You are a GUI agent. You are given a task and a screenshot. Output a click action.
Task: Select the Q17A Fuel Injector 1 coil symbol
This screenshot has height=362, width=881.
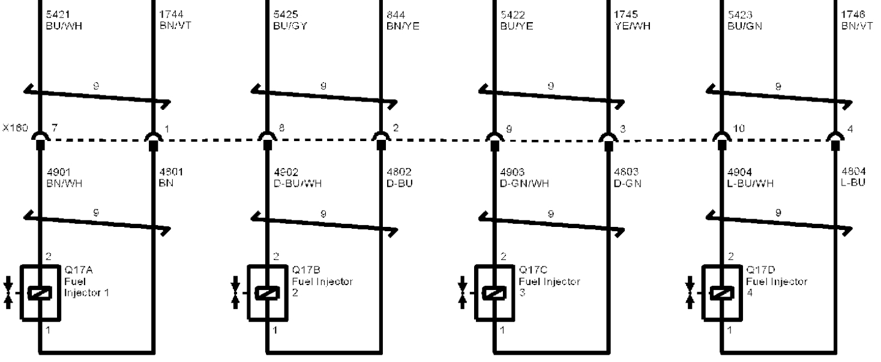pyautogui.click(x=40, y=292)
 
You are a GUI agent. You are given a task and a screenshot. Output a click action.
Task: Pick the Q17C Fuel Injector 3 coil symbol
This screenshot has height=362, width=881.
pyautogui.click(x=493, y=292)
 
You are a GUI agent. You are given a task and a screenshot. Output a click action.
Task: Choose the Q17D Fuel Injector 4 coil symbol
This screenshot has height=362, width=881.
pyautogui.click(x=720, y=292)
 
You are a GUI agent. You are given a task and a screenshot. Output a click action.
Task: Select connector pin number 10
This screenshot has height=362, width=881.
pyautogui.click(x=738, y=128)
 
